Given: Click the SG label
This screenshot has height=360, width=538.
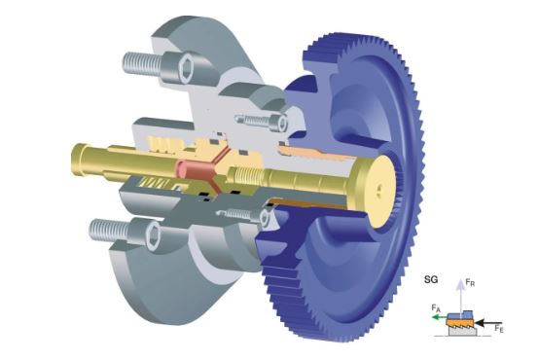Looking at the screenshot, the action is [x=431, y=279].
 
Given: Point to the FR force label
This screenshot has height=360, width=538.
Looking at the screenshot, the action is [x=470, y=283].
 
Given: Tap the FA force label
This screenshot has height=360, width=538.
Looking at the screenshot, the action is [x=436, y=307].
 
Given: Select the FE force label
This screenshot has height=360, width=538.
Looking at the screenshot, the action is [x=499, y=329].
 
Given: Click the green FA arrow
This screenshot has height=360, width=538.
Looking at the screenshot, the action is [x=439, y=317].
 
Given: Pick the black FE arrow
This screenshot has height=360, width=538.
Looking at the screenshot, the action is [x=488, y=323].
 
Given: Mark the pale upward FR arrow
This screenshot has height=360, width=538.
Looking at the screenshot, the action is [x=460, y=296].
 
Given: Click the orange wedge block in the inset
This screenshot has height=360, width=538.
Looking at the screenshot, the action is [x=460, y=323].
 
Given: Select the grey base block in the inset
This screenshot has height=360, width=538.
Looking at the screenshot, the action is [x=462, y=331].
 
